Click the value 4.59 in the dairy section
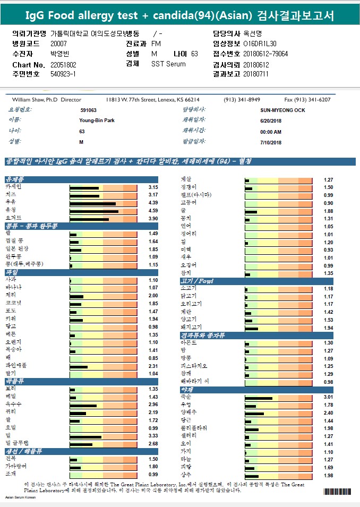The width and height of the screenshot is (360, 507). pyautogui.click(x=153, y=211)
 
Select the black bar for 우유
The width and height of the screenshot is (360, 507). pyautogui.click(x=92, y=203)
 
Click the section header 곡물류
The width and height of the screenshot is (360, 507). pyautogui.click(x=15, y=381)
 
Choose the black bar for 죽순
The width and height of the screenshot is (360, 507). pyautogui.click(x=259, y=398)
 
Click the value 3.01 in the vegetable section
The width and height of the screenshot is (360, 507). pyautogui.click(x=328, y=398)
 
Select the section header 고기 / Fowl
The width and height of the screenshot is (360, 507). pyautogui.click(x=197, y=281)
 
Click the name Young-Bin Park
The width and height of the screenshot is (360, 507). pyautogui.click(x=97, y=121)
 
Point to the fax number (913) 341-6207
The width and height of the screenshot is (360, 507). pyautogui.click(x=307, y=100)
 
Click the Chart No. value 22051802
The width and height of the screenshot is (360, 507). pyautogui.click(x=63, y=64)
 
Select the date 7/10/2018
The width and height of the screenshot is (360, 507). pyautogui.click(x=271, y=142)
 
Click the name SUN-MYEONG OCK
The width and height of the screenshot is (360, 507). pyautogui.click(x=282, y=110)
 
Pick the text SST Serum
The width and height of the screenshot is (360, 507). pyautogui.click(x=169, y=64)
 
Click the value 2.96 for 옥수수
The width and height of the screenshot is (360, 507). pyautogui.click(x=153, y=405)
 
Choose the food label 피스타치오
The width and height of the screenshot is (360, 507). pyautogui.click(x=194, y=366)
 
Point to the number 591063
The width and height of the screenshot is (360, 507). pyautogui.click(x=88, y=110)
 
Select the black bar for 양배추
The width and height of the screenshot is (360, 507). pyautogui.click(x=254, y=413)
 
